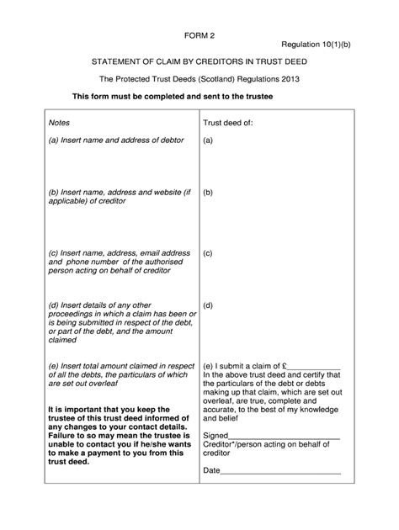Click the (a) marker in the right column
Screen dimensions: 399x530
point(207,140)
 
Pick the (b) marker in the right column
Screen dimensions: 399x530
point(207,193)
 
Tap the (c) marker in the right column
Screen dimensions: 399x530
point(207,252)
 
